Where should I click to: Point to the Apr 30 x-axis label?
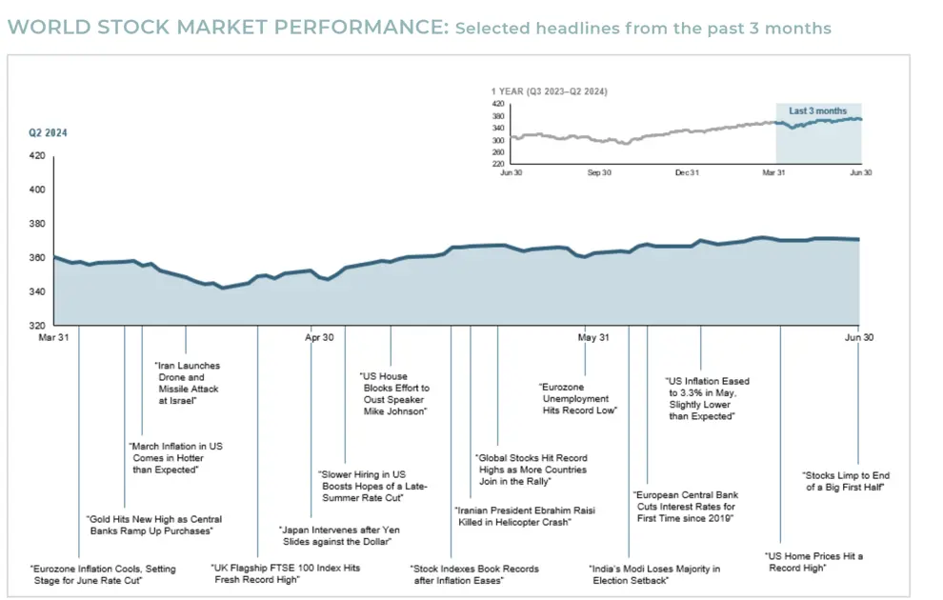[x=319, y=337]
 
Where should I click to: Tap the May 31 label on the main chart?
[x=593, y=337]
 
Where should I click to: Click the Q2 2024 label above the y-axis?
[x=48, y=133]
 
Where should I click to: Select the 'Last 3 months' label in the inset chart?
[x=817, y=111]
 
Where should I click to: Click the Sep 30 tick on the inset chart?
[x=598, y=173]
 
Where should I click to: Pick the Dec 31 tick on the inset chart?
[x=687, y=173]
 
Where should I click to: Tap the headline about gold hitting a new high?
[x=154, y=525]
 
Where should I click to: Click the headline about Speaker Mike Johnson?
[x=394, y=393]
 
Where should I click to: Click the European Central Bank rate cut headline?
[x=686, y=506]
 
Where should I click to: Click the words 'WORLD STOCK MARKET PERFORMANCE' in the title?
[x=227, y=28]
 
